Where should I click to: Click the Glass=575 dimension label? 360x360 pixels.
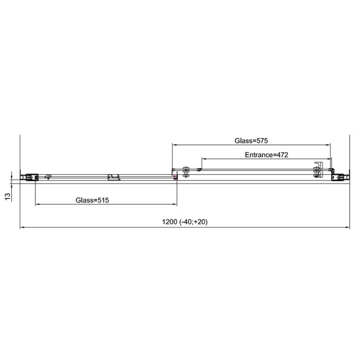click(x=251, y=140)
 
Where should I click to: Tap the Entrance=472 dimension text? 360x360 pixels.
click(x=266, y=155)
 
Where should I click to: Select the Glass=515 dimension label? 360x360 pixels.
click(x=92, y=200)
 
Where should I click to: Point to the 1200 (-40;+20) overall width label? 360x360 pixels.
click(x=185, y=222)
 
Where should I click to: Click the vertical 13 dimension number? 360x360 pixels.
click(x=8, y=196)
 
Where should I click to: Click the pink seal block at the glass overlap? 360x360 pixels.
click(x=175, y=177)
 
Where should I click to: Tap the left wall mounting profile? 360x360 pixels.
click(x=29, y=177)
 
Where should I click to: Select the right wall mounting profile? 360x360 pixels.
click(x=340, y=177)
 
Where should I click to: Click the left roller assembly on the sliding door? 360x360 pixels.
click(x=186, y=172)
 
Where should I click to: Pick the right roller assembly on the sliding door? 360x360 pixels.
click(x=317, y=172)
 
